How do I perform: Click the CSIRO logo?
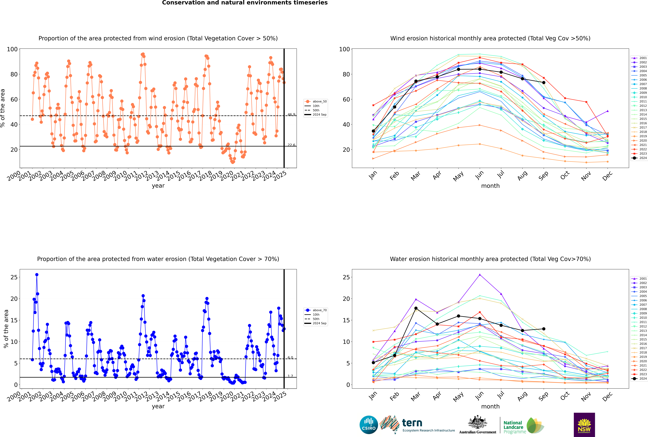click(369, 425)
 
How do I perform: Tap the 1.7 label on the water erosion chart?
click(290, 376)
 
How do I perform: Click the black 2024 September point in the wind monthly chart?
click(544, 83)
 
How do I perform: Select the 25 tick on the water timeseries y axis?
click(14, 277)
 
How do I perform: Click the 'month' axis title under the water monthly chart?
click(490, 406)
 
